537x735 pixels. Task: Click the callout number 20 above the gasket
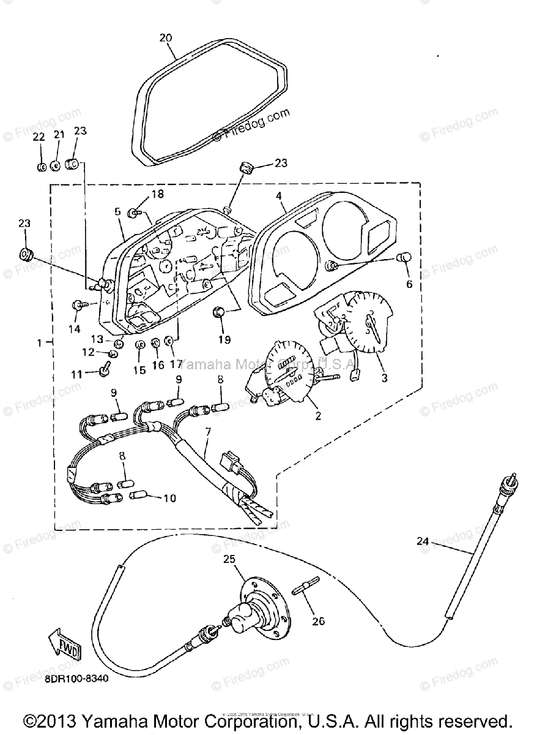165,37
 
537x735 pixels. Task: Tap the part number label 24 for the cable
423,541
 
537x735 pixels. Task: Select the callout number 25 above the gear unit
229,559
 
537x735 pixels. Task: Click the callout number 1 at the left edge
41,343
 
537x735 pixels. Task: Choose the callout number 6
409,284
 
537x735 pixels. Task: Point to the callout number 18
157,194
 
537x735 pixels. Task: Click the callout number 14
74,328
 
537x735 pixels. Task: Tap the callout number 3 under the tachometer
384,377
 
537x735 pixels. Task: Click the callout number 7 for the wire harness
208,433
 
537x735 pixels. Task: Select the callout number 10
169,498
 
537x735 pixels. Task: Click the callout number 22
39,136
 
